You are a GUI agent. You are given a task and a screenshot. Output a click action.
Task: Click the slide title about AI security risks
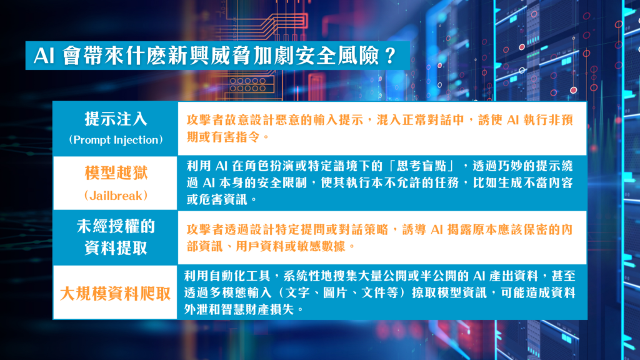215,56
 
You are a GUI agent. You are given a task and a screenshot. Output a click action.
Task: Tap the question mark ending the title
390,56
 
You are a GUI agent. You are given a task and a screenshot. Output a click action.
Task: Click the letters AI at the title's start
44,56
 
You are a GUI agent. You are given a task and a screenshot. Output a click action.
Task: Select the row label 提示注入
116,119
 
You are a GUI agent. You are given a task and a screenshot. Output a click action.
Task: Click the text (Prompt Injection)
116,139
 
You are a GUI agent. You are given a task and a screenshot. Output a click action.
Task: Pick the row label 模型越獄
116,173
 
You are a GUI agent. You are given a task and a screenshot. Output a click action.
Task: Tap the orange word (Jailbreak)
116,196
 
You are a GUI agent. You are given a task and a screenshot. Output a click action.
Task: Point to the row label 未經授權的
116,226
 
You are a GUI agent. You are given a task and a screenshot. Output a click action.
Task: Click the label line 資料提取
116,247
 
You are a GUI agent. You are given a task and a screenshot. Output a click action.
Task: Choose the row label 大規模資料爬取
116,294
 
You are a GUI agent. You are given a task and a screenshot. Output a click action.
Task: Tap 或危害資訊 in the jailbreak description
217,199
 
